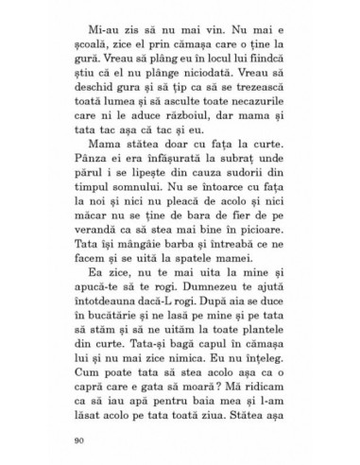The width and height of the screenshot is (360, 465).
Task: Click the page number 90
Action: coord(77,440)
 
